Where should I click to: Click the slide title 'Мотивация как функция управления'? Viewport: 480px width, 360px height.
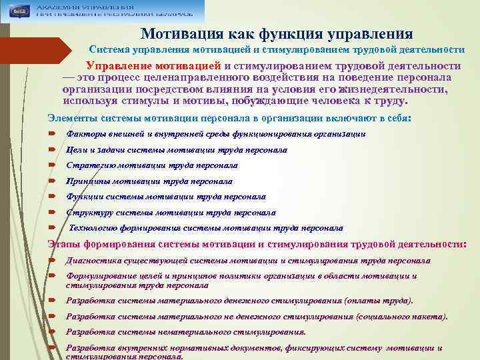[x=277, y=33]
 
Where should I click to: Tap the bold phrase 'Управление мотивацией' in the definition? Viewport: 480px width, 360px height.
[x=154, y=66]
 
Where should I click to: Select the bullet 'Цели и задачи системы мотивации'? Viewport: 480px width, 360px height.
[x=177, y=150]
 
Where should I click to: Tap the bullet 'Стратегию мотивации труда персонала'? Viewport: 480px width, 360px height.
[x=151, y=165]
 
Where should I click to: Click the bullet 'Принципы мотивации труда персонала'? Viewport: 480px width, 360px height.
[x=149, y=181]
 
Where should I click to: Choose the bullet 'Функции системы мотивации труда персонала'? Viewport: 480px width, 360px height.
[x=165, y=197]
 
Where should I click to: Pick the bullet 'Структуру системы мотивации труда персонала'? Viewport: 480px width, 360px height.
[x=171, y=213]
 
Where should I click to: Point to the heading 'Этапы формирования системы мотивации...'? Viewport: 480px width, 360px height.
[x=257, y=244]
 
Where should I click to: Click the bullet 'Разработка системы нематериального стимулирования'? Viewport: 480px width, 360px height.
[x=186, y=332]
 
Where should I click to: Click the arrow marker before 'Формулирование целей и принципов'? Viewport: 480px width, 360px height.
[x=51, y=276]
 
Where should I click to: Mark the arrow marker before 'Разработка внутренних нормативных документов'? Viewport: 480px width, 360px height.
[x=51, y=348]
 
